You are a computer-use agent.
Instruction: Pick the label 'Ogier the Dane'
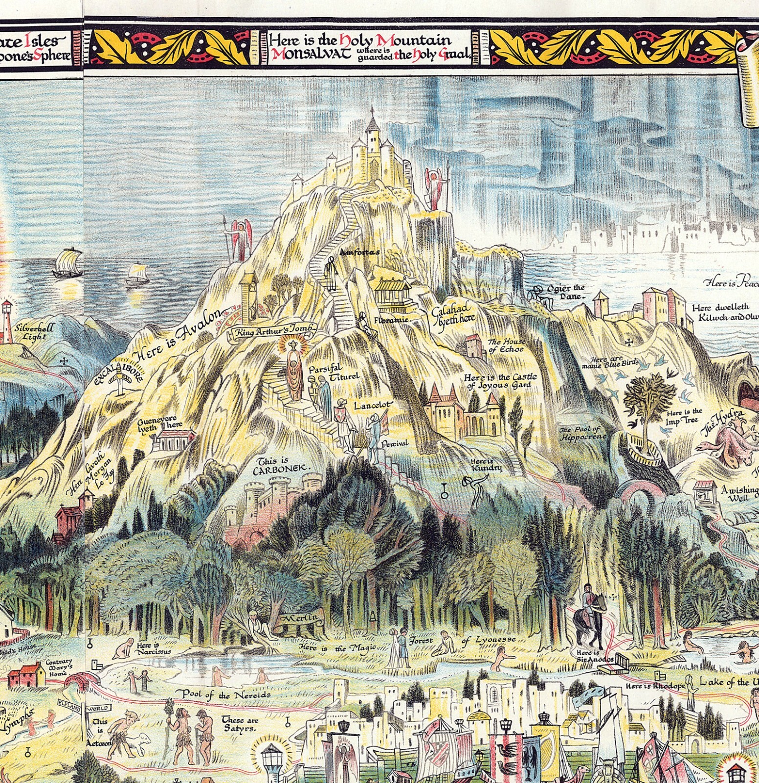[x=566, y=292]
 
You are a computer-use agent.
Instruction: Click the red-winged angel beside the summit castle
[x=433, y=188]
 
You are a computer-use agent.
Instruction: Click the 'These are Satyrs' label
[x=240, y=724]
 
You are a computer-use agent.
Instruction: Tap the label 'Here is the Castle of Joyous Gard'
[x=500, y=381]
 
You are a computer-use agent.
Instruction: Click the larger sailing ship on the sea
[x=67, y=264]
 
